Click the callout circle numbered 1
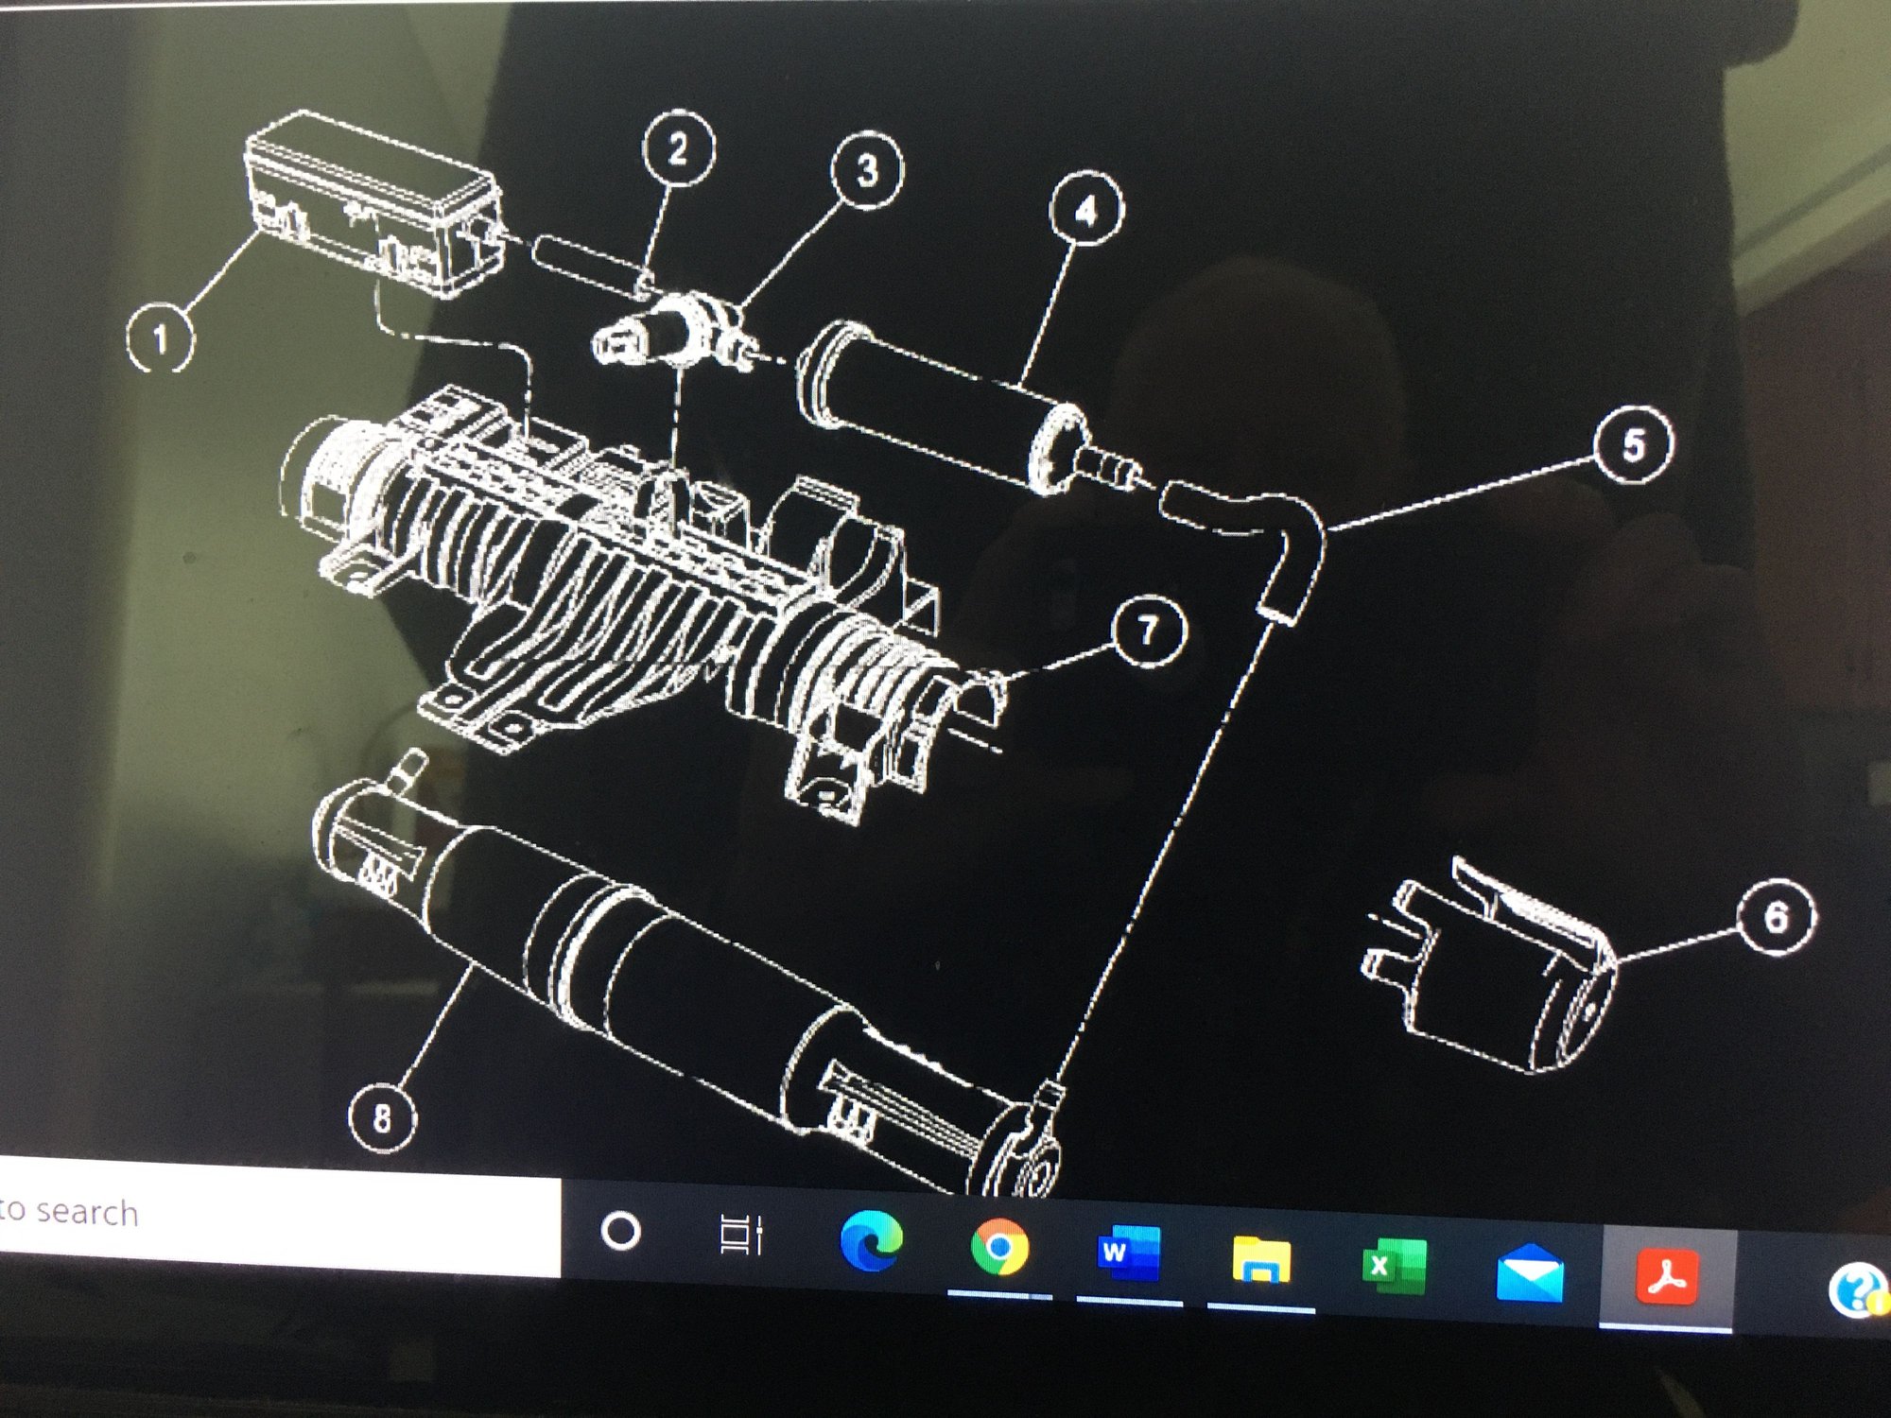click(161, 337)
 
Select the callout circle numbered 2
click(678, 148)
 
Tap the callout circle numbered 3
click(866, 170)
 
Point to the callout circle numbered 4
click(1086, 209)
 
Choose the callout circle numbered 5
click(1633, 444)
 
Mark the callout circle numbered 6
click(1777, 917)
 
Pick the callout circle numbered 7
click(1149, 631)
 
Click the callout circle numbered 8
click(382, 1117)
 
